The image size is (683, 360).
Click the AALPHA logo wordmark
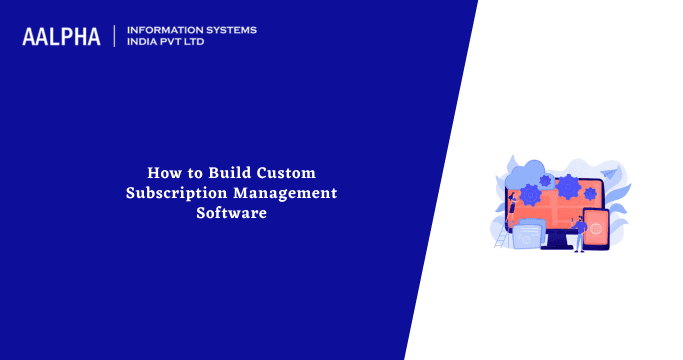coord(61,37)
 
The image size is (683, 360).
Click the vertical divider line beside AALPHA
coord(115,37)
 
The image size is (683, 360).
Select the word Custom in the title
coord(288,172)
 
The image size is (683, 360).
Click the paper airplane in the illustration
coord(612,171)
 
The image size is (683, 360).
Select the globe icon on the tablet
coord(595,229)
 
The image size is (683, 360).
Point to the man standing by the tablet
coord(579,233)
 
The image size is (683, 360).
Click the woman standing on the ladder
coord(511,200)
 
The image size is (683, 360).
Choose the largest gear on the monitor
coord(568,186)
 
